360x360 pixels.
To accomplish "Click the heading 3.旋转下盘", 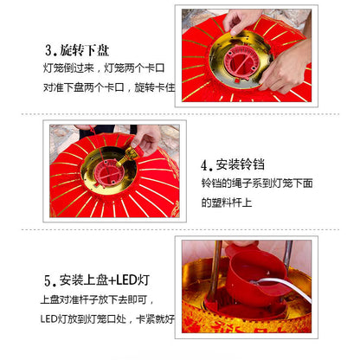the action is (77, 50).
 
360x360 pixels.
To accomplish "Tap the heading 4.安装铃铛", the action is (233, 165).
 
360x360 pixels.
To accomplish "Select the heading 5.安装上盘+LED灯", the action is (97, 280).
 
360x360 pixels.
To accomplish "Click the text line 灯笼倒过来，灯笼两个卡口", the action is (104, 68).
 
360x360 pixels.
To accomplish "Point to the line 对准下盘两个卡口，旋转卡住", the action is (109, 87).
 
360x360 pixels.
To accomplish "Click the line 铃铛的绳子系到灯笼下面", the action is (257, 183).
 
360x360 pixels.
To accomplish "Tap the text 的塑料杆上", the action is (227, 202).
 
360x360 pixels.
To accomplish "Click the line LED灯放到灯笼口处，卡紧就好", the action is (107, 319).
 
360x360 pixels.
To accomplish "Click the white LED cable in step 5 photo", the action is (286, 286).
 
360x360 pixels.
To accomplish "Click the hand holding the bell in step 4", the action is (146, 139).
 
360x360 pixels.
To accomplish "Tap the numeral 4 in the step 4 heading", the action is (204, 166).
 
